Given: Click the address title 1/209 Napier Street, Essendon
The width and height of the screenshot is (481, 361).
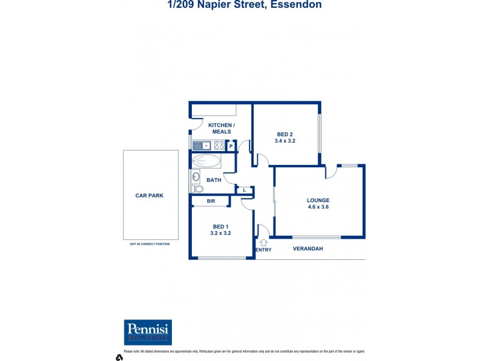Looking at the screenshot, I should coord(244,5).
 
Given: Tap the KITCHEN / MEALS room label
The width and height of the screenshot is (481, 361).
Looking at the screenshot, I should coord(221,128).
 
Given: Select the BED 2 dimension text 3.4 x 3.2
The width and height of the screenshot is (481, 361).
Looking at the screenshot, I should coord(285,141).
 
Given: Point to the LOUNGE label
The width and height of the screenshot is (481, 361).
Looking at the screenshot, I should coord(318,200).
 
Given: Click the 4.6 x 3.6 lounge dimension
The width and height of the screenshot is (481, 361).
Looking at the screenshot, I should coord(318,207).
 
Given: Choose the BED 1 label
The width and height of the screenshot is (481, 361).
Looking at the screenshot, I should coord(221,226).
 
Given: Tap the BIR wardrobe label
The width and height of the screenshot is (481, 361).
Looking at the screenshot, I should coord(211,201).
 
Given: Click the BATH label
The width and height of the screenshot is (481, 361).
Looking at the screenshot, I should coord(213,180).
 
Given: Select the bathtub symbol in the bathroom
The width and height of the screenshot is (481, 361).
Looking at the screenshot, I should coord(206,161).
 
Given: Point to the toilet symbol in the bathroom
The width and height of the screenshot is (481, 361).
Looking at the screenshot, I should coord(197,188).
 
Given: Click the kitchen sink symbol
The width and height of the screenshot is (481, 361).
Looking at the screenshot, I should coord(202,145).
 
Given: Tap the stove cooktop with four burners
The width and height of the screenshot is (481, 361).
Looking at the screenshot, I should coord(219,145).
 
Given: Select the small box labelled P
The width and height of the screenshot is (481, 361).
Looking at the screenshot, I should coord(231,146).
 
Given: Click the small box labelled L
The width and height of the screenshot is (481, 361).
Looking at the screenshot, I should coord(244,191).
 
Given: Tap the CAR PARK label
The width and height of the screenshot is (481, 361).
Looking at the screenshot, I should coord(150,196).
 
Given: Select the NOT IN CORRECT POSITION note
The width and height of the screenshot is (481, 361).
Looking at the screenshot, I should coord(150,244).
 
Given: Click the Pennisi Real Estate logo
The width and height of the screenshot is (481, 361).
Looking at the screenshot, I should coord(148,332).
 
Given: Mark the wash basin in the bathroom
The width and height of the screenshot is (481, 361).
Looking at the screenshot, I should coord(196,177).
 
